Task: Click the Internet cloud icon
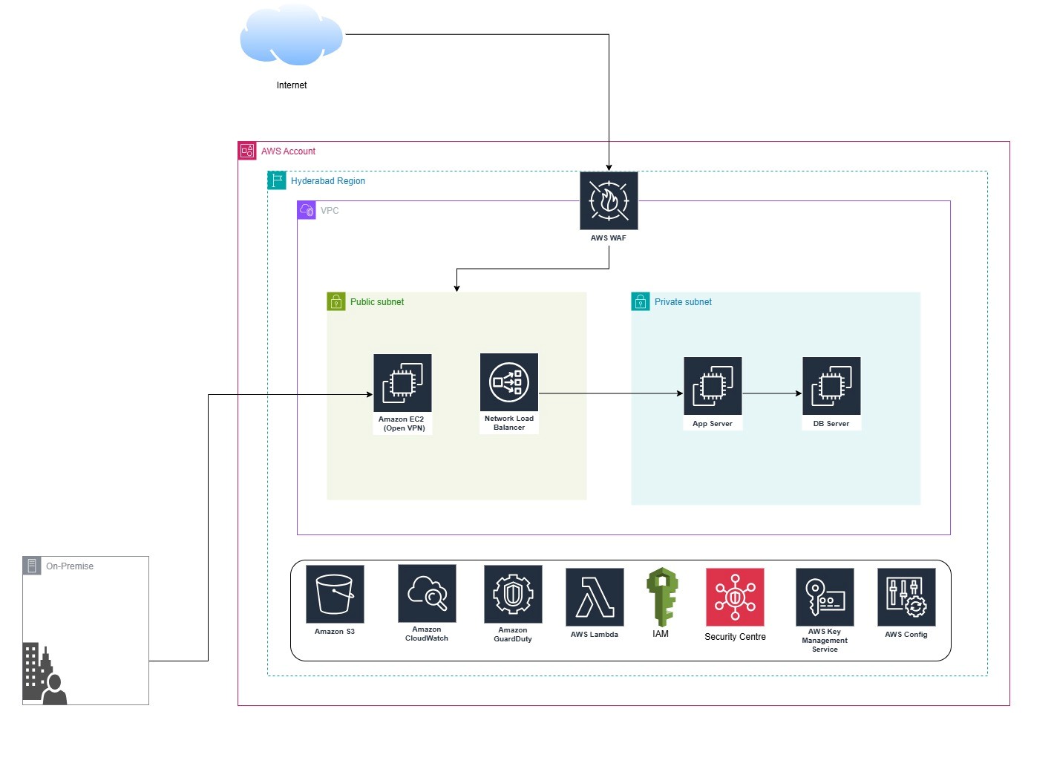pyautogui.click(x=291, y=35)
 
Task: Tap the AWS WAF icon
pyautogui.click(x=609, y=200)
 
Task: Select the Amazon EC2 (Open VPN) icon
pyautogui.click(x=402, y=383)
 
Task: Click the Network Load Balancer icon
pyautogui.click(x=509, y=382)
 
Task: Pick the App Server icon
pyautogui.click(x=713, y=386)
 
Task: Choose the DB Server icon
pyautogui.click(x=831, y=386)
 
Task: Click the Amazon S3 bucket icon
pyautogui.click(x=335, y=594)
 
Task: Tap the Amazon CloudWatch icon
pyautogui.click(x=427, y=593)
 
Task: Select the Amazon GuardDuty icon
pyautogui.click(x=513, y=594)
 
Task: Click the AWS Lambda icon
pyautogui.click(x=595, y=597)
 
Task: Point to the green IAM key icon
pyautogui.click(x=661, y=597)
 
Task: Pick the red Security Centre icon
pyautogui.click(x=735, y=597)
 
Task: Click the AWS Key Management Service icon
pyautogui.click(x=825, y=597)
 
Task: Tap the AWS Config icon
pyautogui.click(x=906, y=597)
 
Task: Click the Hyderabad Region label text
pyautogui.click(x=328, y=181)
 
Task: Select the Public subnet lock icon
pyautogui.click(x=336, y=301)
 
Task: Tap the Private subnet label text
pyautogui.click(x=683, y=302)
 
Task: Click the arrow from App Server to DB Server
pyautogui.click(x=772, y=393)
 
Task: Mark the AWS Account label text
pyautogui.click(x=288, y=151)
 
